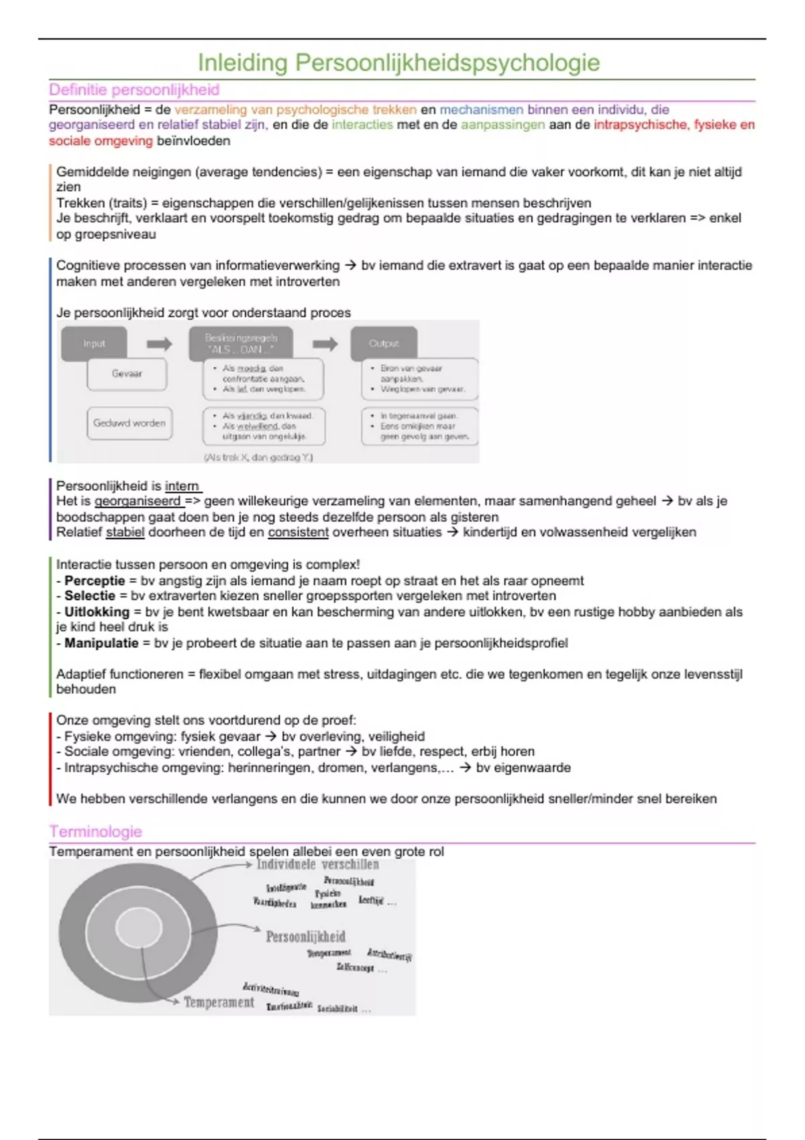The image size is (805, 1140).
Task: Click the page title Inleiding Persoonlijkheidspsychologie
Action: pyautogui.click(x=398, y=62)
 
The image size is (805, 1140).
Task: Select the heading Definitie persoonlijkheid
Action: pyautogui.click(x=134, y=90)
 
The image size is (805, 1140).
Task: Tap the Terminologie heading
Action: pyautogui.click(x=95, y=832)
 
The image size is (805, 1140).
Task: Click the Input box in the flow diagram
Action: pyautogui.click(x=94, y=343)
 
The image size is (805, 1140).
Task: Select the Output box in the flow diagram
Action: pyautogui.click(x=384, y=343)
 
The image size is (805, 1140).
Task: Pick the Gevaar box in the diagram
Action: pyautogui.click(x=127, y=374)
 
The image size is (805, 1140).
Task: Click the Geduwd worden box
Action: pyautogui.click(x=129, y=423)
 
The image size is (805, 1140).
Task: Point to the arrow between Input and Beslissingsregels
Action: pyautogui.click(x=159, y=344)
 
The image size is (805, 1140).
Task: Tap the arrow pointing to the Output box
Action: pyautogui.click(x=325, y=344)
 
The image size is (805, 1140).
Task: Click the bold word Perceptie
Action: pyautogui.click(x=95, y=581)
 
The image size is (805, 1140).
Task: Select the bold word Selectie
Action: pyautogui.click(x=90, y=595)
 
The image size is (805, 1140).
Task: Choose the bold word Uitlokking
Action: pyautogui.click(x=97, y=612)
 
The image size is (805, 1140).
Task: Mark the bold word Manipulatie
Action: pyautogui.click(x=101, y=643)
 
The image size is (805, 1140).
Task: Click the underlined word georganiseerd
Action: pyautogui.click(x=138, y=501)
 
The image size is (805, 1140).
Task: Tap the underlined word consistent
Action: pyautogui.click(x=298, y=532)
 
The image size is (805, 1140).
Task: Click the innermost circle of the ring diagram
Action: pyautogui.click(x=140, y=929)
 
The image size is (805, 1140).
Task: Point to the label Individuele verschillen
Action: pyautogui.click(x=318, y=864)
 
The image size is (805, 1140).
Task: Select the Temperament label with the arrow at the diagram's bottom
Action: pyautogui.click(x=219, y=1002)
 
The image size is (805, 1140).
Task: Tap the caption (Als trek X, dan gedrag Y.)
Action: pyautogui.click(x=258, y=457)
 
